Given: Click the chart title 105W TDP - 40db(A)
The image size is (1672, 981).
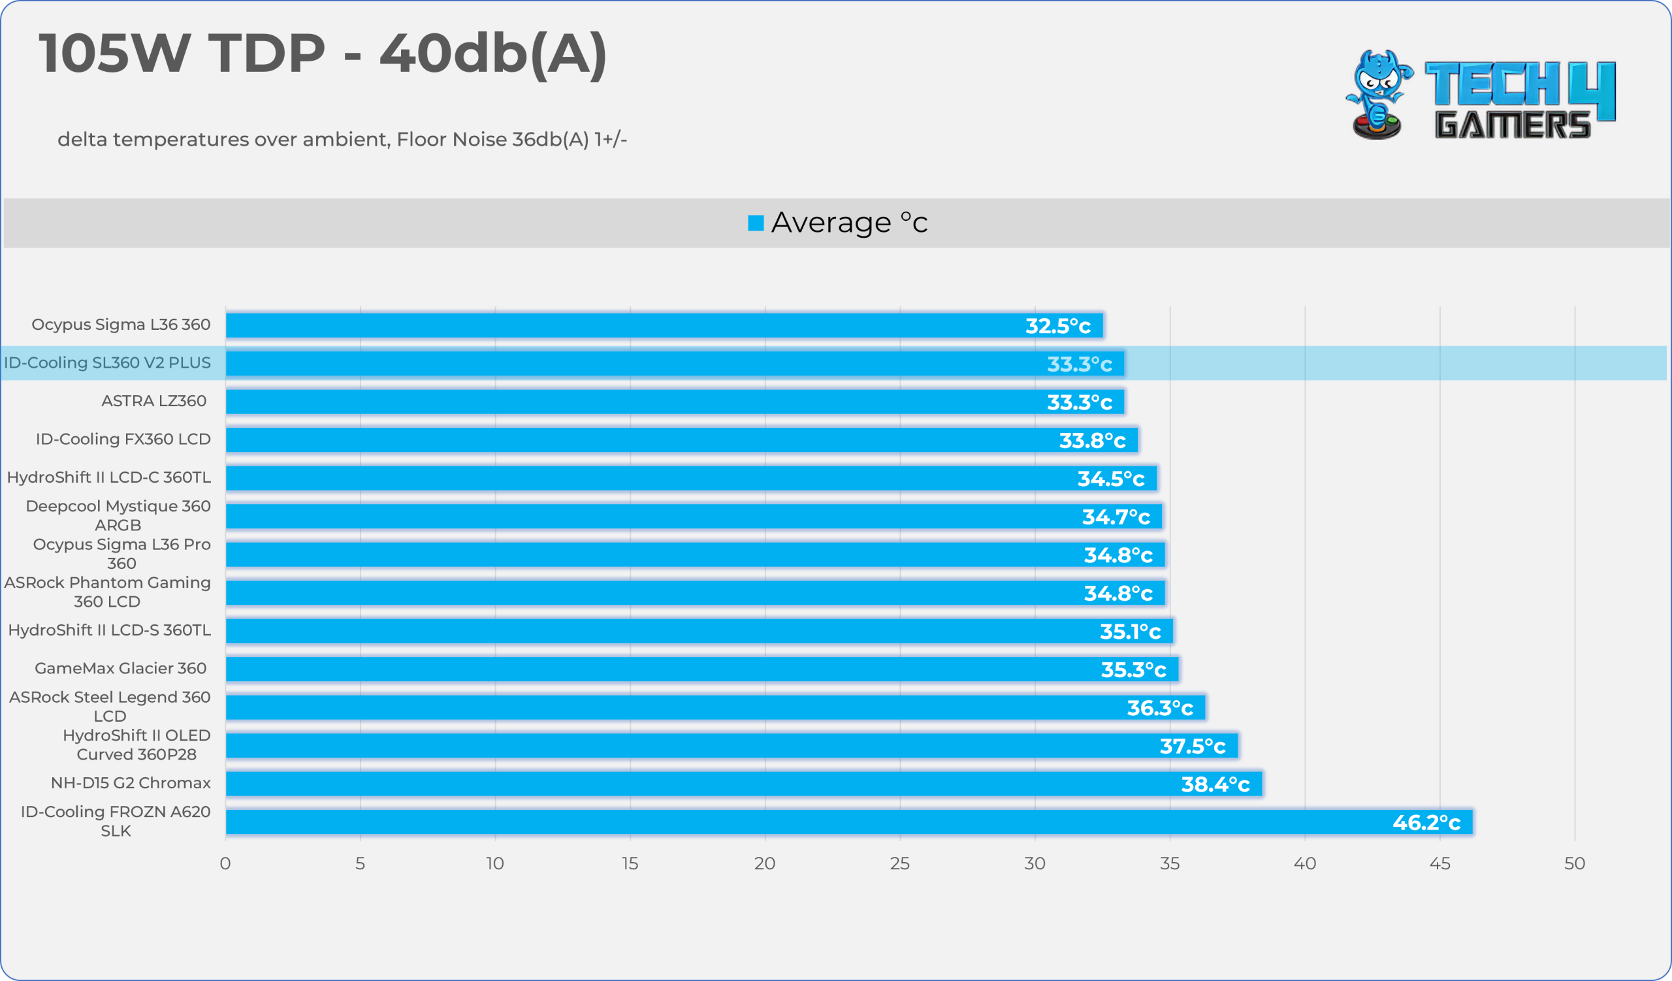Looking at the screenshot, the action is pyautogui.click(x=323, y=54).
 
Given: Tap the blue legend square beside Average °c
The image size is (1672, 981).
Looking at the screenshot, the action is pyautogui.click(x=756, y=223).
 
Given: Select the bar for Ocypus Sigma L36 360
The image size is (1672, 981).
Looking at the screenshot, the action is pyautogui.click(x=664, y=325).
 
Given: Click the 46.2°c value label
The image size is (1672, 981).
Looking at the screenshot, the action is pyautogui.click(x=1426, y=822).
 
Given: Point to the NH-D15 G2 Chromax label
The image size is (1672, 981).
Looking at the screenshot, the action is pyautogui.click(x=131, y=782).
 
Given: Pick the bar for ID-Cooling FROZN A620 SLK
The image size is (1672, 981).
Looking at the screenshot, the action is pyautogui.click(x=848, y=822).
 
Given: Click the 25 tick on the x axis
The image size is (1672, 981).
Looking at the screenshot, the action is pyautogui.click(x=900, y=863).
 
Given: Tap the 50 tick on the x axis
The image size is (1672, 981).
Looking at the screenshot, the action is pyautogui.click(x=1575, y=863).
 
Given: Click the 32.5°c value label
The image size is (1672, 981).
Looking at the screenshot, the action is pyautogui.click(x=1057, y=326).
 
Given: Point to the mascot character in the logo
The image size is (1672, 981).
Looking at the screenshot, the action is pyautogui.click(x=1379, y=94).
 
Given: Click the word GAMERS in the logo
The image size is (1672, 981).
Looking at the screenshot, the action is pyautogui.click(x=1512, y=124).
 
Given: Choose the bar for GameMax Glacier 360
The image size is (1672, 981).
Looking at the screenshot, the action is pyautogui.click(x=702, y=669).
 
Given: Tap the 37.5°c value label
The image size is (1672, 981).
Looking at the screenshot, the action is pyautogui.click(x=1193, y=746).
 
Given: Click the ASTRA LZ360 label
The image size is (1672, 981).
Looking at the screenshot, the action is pyautogui.click(x=154, y=400).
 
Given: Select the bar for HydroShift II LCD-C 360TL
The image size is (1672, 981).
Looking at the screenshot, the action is pyautogui.click(x=692, y=477).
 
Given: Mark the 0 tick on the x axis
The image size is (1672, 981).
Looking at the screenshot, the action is pyautogui.click(x=225, y=863).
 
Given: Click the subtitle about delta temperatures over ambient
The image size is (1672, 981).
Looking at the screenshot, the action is pyautogui.click(x=342, y=139).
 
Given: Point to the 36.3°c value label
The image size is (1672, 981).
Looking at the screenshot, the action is pyautogui.click(x=1160, y=709).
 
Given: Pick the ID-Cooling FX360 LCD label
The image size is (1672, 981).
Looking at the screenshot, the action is pyautogui.click(x=123, y=439).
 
